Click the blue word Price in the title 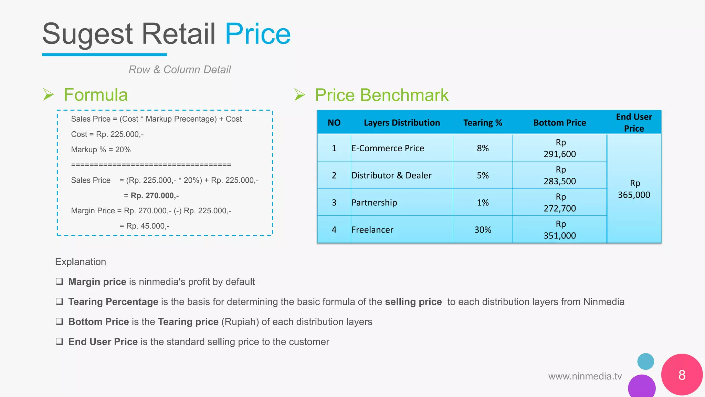pos(257,34)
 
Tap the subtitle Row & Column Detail pos(179,70)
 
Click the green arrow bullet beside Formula pos(49,94)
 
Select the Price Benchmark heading pos(381,95)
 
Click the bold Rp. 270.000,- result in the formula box pos(155,196)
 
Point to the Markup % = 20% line pos(101,150)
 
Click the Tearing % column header pos(483,123)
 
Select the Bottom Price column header pos(559,123)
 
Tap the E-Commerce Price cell pos(388,148)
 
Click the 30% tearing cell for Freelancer pos(483,230)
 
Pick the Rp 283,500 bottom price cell pos(560,175)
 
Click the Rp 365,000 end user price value pos(634,189)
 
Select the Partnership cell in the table pos(374,203)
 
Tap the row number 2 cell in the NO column pos(334,175)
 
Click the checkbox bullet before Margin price pos(60,282)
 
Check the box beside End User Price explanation pos(60,342)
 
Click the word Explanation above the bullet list pos(81,262)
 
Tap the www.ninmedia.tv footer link pos(585,376)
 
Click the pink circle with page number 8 pos(682,375)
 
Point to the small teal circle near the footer pos(645,362)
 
